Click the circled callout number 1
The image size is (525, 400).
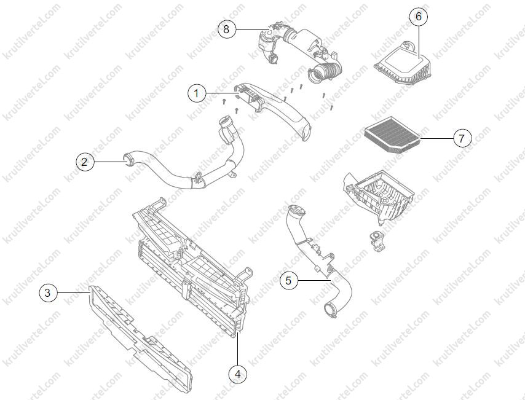pyautogui.click(x=197, y=93)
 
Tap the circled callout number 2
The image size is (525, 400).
pyautogui.click(x=84, y=162)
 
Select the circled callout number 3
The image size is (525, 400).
pyautogui.click(x=48, y=293)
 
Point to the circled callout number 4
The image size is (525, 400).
pyautogui.click(x=238, y=374)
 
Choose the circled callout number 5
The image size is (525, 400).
pyautogui.click(x=288, y=281)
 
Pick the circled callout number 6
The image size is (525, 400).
pyautogui.click(x=419, y=16)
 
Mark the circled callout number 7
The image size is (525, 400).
pyautogui.click(x=462, y=138)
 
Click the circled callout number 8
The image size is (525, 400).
pyautogui.click(x=226, y=29)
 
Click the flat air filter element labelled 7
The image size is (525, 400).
pyautogui.click(x=392, y=135)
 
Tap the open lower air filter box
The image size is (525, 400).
pyautogui.click(x=378, y=196)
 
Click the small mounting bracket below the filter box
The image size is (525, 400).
pyautogui.click(x=376, y=240)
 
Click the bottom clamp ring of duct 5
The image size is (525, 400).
pyautogui.click(x=331, y=310)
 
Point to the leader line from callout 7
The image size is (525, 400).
pyautogui.click(x=436, y=138)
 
